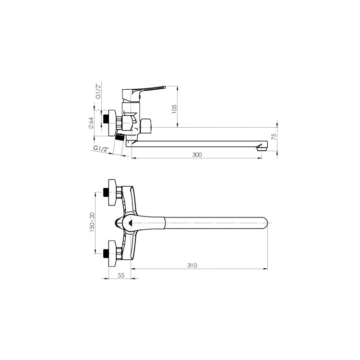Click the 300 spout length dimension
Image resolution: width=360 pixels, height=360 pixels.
point(197,155)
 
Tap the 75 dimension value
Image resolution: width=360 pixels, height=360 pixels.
point(274,137)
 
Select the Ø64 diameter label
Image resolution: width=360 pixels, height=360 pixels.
point(91,123)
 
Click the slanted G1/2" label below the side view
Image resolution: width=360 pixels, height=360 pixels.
point(101,149)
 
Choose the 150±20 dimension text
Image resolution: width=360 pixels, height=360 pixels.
point(92,222)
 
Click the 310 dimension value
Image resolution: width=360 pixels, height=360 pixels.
point(192,265)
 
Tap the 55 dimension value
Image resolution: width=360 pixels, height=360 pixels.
point(121,275)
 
